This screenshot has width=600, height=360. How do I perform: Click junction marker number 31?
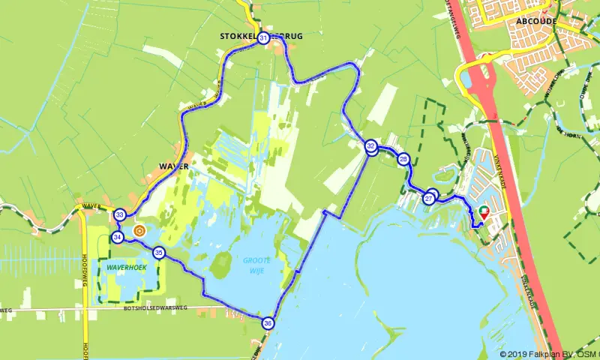coord(263,38)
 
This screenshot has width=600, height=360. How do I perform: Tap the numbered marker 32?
coord(371,146)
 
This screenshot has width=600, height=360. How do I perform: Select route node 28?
coord(403,159)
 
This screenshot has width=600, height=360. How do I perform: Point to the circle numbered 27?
coord(429,198)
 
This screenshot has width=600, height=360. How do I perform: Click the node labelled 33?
coord(120,215)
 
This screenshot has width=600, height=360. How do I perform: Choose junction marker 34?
coord(118,237)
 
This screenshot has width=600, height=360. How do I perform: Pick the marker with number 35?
coord(158,253)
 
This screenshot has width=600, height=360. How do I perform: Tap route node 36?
coord(268,323)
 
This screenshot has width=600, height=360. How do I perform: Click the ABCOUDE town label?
coord(536,21)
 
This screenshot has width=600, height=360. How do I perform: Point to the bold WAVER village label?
coord(172,165)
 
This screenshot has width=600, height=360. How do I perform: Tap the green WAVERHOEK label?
coord(125,266)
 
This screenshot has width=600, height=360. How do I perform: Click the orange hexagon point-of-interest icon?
coord(139,230)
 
